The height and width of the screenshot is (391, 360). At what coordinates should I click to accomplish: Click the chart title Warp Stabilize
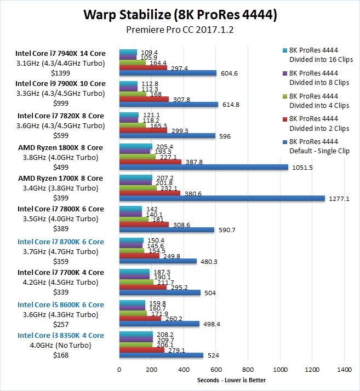pyautogui.click(x=180, y=14)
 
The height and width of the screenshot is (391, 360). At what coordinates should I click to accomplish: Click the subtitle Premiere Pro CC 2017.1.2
pyautogui.click(x=180, y=30)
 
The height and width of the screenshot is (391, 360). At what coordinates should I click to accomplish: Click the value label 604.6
pyautogui.click(x=230, y=73)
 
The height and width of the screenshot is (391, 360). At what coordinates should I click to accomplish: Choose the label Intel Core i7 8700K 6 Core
pyautogui.click(x=60, y=242)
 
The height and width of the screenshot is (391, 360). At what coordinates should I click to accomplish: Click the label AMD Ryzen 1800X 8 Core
pyautogui.click(x=60, y=147)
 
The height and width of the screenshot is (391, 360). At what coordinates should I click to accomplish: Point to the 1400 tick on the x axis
pyautogui.click(x=345, y=370)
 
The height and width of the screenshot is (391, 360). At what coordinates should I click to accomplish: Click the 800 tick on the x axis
pyautogui.click(x=248, y=370)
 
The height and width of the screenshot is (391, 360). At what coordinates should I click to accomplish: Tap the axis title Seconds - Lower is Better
pyautogui.click(x=231, y=381)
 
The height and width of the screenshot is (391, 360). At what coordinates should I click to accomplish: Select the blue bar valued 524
pyautogui.click(x=161, y=355)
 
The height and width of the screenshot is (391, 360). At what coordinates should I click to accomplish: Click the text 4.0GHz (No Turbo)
pyautogui.click(x=60, y=346)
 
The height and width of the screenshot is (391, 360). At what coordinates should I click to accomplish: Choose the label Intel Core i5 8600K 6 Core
pyautogui.click(x=60, y=304)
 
